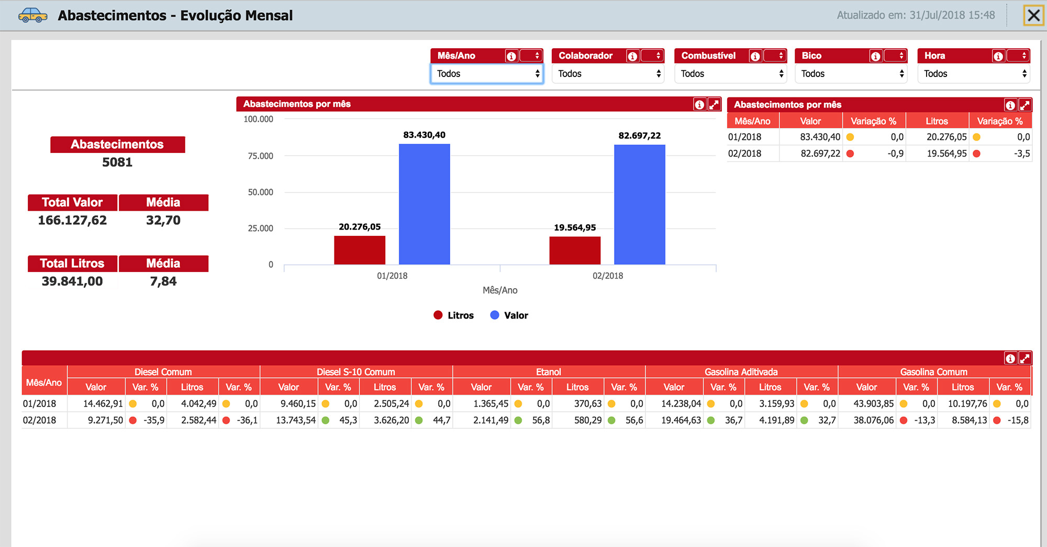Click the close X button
(x=1033, y=15)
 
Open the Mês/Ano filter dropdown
(x=486, y=74)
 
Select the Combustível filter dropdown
(x=730, y=74)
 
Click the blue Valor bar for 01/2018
(x=424, y=204)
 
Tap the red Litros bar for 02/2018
(x=575, y=250)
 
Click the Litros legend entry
(x=453, y=315)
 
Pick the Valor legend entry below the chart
(x=509, y=315)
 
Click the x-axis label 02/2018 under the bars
(x=608, y=276)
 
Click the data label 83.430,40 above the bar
(x=424, y=135)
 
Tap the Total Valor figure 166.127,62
(x=72, y=220)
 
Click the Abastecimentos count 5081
(x=117, y=162)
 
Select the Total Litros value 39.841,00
(x=72, y=281)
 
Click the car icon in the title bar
(x=32, y=15)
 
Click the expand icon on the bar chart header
(x=714, y=104)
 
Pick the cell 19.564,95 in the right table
(x=946, y=154)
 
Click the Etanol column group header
(x=549, y=372)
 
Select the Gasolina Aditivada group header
(x=741, y=372)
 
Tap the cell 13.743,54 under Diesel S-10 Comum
(x=296, y=420)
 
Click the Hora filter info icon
(x=998, y=56)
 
